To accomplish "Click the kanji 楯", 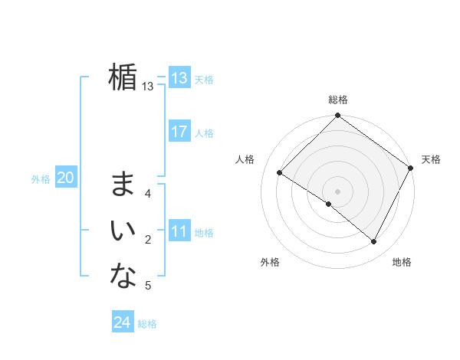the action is pyautogui.click(x=123, y=77).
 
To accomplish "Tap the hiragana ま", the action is pyautogui.click(x=123, y=184).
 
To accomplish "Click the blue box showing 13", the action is pyautogui.click(x=179, y=78).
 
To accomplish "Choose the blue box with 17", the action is pyautogui.click(x=179, y=132).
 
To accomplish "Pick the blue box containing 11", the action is pyautogui.click(x=179, y=231).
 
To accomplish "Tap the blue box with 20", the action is pyautogui.click(x=65, y=178).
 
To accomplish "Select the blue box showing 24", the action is pyautogui.click(x=122, y=322).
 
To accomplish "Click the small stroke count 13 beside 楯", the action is pyautogui.click(x=148, y=87).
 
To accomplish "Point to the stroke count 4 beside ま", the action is pyautogui.click(x=148, y=194).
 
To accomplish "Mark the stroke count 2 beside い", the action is pyautogui.click(x=148, y=241).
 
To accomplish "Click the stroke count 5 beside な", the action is pyautogui.click(x=148, y=286).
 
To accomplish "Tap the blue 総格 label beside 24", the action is pyautogui.click(x=147, y=324).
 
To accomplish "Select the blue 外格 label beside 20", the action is pyautogui.click(x=41, y=179).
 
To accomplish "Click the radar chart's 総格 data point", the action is pyautogui.click(x=337, y=116).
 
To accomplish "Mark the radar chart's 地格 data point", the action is pyautogui.click(x=374, y=242).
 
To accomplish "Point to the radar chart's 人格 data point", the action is pyautogui.click(x=280, y=173).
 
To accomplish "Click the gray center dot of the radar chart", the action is pyautogui.click(x=337, y=191).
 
